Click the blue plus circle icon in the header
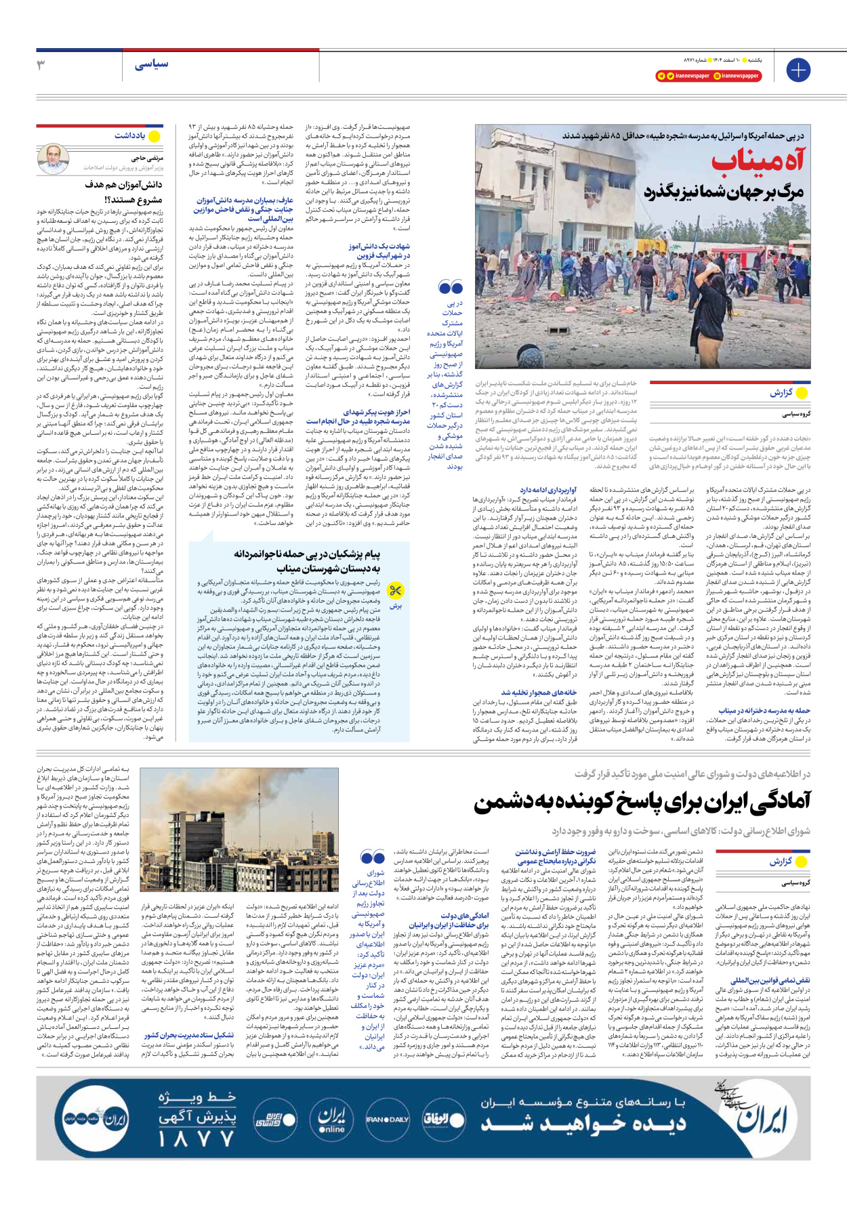click(798, 70)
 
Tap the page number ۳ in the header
click(41, 65)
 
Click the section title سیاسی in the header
click(151, 65)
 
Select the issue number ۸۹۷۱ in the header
click(692, 60)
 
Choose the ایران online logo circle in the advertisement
click(331, 1120)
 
